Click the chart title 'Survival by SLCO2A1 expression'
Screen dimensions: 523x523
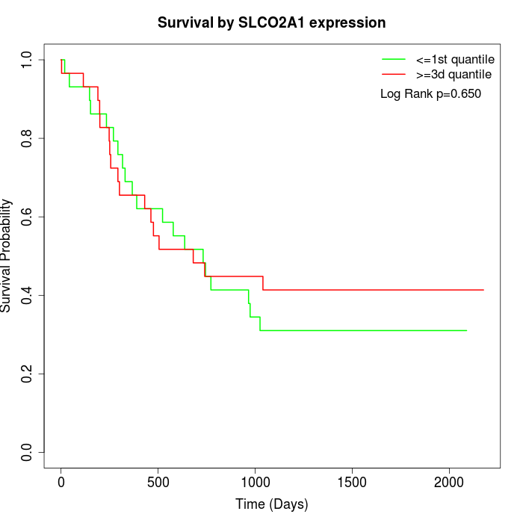[271, 22]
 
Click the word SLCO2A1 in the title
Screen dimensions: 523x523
[277, 22]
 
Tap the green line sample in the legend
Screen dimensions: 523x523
[394, 59]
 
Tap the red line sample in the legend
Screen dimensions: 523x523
[394, 74]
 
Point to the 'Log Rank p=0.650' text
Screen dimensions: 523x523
[430, 94]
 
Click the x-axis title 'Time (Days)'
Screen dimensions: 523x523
[271, 504]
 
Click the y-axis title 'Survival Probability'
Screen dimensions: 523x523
[7, 256]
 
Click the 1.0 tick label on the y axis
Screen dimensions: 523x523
[28, 60]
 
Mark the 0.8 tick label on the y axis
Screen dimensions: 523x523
[28, 138]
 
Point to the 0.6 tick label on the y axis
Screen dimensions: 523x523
[28, 217]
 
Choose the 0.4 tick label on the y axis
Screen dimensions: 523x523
[28, 295]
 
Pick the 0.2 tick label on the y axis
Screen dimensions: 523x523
[28, 374]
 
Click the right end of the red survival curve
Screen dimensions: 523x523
[483, 290]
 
